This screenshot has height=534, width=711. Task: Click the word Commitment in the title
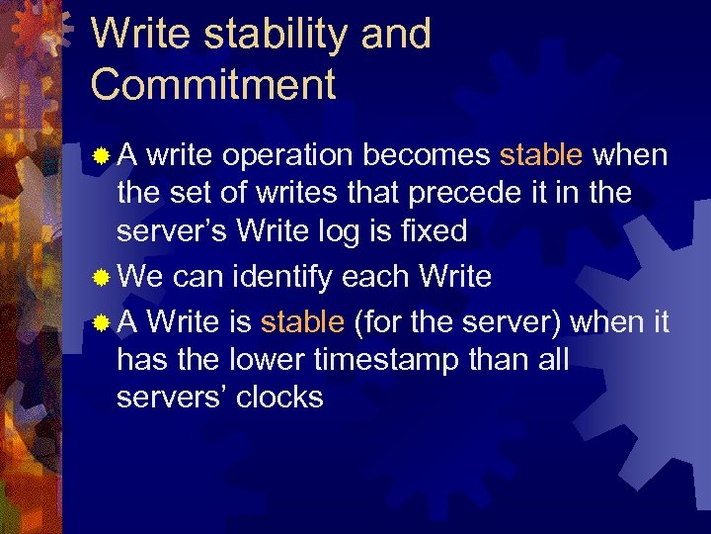(x=213, y=85)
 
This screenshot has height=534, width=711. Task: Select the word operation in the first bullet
(x=288, y=155)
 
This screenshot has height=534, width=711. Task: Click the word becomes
(x=427, y=155)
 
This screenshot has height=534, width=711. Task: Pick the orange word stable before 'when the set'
(x=541, y=155)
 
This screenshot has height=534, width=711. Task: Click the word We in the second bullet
(x=140, y=276)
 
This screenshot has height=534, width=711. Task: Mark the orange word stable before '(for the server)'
(x=302, y=321)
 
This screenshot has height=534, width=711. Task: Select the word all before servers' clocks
(x=548, y=359)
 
